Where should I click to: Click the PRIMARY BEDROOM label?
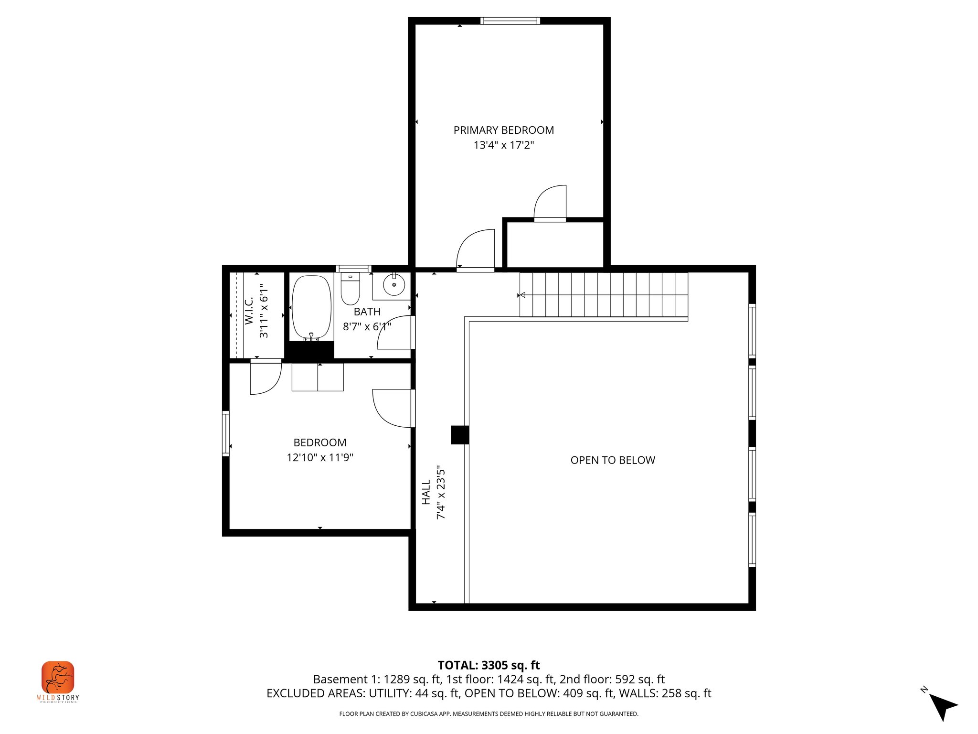[503, 130]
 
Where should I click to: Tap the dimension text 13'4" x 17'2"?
[503, 145]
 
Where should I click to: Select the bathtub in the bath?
[311, 307]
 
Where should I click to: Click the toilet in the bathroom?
[350, 289]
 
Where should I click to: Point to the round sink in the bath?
[394, 285]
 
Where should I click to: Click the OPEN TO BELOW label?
[613, 460]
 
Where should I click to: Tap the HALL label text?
[426, 492]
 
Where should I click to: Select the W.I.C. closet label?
[249, 311]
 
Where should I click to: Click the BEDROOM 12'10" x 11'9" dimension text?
[319, 457]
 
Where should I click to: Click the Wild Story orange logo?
[58, 677]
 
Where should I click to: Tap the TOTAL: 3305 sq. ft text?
[489, 665]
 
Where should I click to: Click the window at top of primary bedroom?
[510, 21]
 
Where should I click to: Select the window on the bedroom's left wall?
[226, 433]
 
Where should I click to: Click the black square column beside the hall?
[460, 435]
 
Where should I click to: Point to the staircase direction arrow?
[522, 295]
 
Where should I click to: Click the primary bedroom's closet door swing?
[550, 203]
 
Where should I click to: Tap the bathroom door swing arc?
[394, 333]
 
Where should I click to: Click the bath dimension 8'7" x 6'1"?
[367, 327]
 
